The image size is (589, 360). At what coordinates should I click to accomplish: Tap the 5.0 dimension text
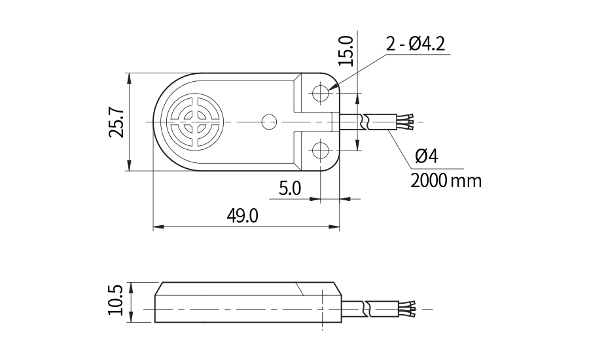[x=289, y=189]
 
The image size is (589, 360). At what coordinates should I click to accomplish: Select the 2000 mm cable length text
[x=446, y=180]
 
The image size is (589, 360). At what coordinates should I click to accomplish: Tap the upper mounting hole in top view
[x=320, y=93]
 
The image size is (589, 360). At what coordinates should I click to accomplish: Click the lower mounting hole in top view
[x=320, y=151]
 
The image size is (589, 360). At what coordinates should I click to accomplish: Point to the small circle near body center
[x=268, y=122]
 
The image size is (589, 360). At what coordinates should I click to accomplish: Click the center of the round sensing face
[x=194, y=122]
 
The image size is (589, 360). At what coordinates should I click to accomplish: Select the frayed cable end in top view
[x=409, y=122]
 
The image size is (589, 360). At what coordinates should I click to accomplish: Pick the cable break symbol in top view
[x=368, y=122]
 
